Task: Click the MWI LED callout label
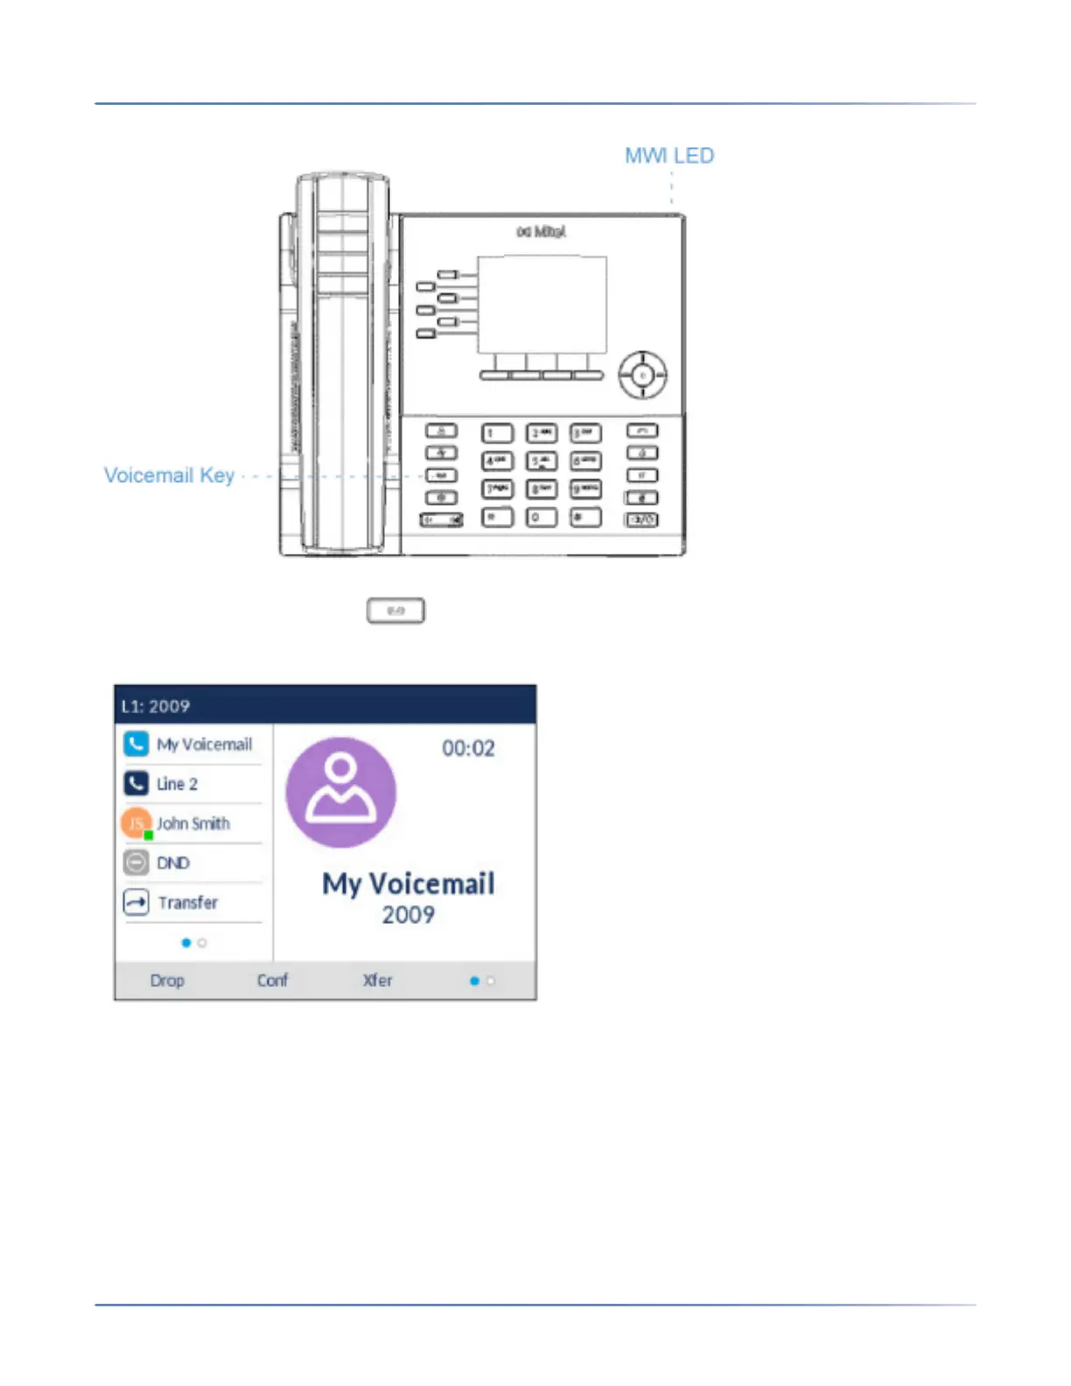(669, 156)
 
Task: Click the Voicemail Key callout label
(169, 475)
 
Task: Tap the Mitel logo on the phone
(541, 232)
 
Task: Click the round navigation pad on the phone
(643, 375)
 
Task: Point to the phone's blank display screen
(542, 304)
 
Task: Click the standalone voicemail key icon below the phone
(395, 611)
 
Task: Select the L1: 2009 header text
(156, 706)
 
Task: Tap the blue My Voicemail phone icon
(136, 744)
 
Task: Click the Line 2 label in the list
(177, 784)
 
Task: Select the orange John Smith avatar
(136, 823)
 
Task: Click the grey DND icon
(136, 863)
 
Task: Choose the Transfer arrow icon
(136, 902)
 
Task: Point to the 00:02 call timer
(468, 748)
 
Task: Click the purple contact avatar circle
(341, 792)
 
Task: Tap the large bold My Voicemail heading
(408, 884)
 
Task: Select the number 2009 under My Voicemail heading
(408, 915)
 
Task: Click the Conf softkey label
(272, 981)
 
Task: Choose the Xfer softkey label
(377, 981)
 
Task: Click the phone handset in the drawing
(342, 363)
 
